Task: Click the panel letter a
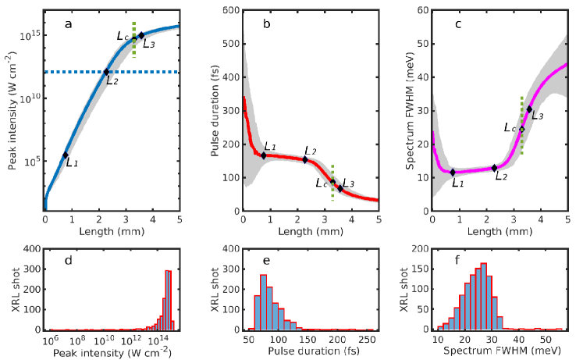(69, 24)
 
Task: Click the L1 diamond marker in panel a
(66, 155)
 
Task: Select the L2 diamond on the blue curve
(107, 72)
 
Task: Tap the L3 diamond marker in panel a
(141, 35)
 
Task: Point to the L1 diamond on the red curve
(264, 155)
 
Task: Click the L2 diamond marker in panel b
(305, 159)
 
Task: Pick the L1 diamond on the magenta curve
(452, 172)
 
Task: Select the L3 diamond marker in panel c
(529, 109)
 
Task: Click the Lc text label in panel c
(509, 127)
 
